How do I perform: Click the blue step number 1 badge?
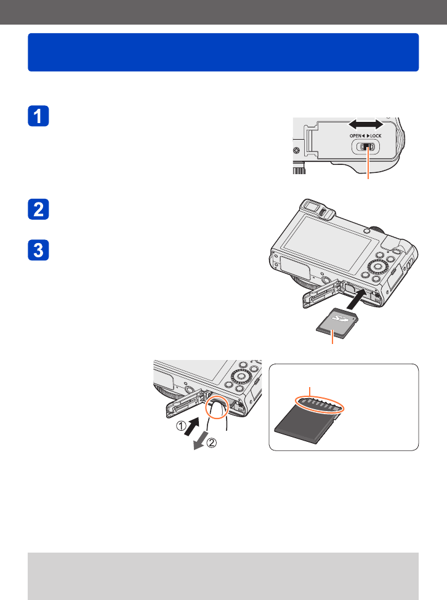click(x=38, y=116)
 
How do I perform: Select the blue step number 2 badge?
click(x=38, y=209)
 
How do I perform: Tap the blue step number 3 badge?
click(x=38, y=250)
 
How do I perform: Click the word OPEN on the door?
click(x=355, y=136)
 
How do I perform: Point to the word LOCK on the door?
click(x=376, y=136)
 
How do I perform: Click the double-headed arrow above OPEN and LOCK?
click(x=366, y=124)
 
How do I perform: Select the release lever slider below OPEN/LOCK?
click(x=366, y=147)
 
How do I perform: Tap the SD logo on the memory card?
click(x=339, y=318)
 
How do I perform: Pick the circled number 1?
click(x=181, y=425)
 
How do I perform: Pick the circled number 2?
click(x=212, y=442)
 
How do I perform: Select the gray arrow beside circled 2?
click(x=201, y=440)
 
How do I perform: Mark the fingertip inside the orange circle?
click(x=217, y=409)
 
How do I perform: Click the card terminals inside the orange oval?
click(x=320, y=405)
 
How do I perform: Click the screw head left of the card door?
click(x=297, y=150)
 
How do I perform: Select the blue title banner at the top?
click(x=223, y=52)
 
